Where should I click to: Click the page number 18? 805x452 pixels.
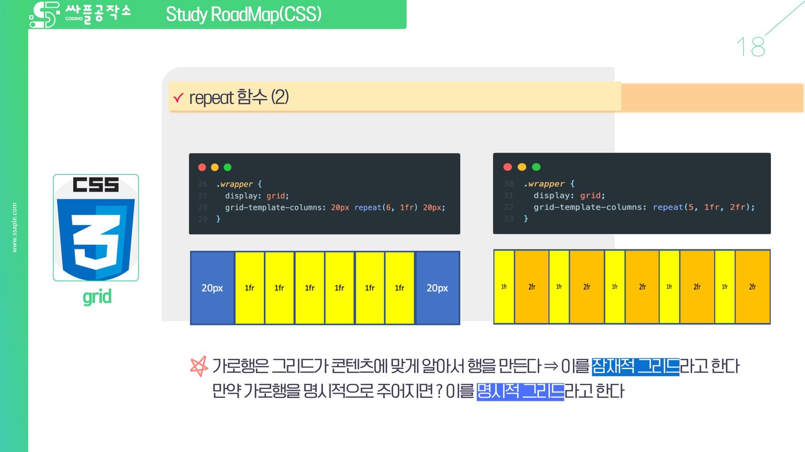point(750,47)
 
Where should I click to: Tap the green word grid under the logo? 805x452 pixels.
point(97,297)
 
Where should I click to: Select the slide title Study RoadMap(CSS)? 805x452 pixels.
point(243,14)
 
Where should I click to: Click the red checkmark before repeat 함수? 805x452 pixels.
point(179,98)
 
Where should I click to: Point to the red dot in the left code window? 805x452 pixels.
point(202,167)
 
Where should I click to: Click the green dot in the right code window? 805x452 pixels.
point(536,167)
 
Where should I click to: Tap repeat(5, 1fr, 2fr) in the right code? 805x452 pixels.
point(703,207)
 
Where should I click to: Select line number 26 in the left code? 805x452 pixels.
point(203,184)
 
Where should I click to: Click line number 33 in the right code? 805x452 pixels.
point(508,218)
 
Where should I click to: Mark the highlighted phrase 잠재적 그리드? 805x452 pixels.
point(635,367)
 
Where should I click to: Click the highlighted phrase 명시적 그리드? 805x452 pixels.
point(520,391)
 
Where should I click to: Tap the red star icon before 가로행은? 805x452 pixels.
point(199,367)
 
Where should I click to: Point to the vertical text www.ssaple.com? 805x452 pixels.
point(15,228)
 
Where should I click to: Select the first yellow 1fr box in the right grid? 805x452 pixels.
point(504,287)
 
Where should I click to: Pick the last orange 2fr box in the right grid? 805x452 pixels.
point(753,287)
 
